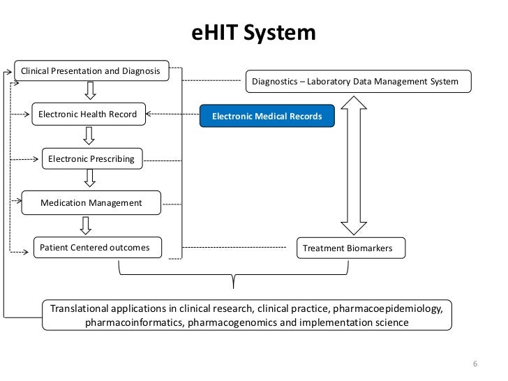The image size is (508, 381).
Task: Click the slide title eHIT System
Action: tap(254, 33)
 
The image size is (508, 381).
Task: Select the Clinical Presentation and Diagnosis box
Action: tap(91, 71)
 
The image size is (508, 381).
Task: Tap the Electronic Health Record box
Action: tap(88, 114)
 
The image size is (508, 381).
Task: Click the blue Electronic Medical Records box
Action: tap(267, 116)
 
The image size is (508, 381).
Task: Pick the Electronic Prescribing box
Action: tap(91, 158)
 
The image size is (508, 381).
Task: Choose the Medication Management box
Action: tap(91, 203)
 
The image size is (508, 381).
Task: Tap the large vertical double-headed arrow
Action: tap(353, 164)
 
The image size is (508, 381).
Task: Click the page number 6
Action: tap(475, 365)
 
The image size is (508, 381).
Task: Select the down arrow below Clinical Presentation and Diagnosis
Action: tap(90, 91)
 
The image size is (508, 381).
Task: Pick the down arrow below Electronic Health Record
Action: tap(89, 135)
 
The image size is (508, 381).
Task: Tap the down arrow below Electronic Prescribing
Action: tap(89, 179)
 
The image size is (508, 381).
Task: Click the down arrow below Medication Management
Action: tap(85, 225)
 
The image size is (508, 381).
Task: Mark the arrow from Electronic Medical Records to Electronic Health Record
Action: tap(172, 114)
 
